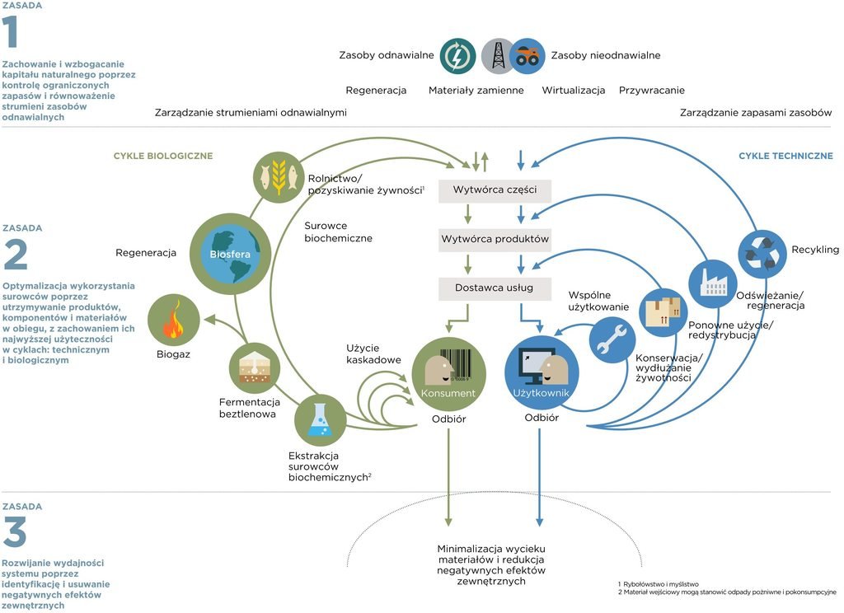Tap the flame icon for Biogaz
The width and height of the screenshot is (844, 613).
(173, 321)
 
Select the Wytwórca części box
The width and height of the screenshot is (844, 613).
(495, 190)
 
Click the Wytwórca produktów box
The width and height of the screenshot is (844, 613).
(495, 239)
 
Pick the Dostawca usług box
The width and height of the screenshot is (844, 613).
(495, 288)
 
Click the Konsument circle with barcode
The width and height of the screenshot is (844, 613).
(448, 373)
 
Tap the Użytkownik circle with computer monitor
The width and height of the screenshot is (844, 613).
(542, 372)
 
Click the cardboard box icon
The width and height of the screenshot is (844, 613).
(663, 312)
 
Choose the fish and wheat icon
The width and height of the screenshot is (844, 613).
(279, 175)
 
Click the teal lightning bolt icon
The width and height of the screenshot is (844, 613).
(457, 56)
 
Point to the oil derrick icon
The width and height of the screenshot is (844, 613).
(498, 56)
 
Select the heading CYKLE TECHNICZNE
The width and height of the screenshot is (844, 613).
(785, 156)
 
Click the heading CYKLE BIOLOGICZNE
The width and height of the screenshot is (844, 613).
(163, 156)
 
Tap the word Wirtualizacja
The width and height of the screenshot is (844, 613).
(574, 91)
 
